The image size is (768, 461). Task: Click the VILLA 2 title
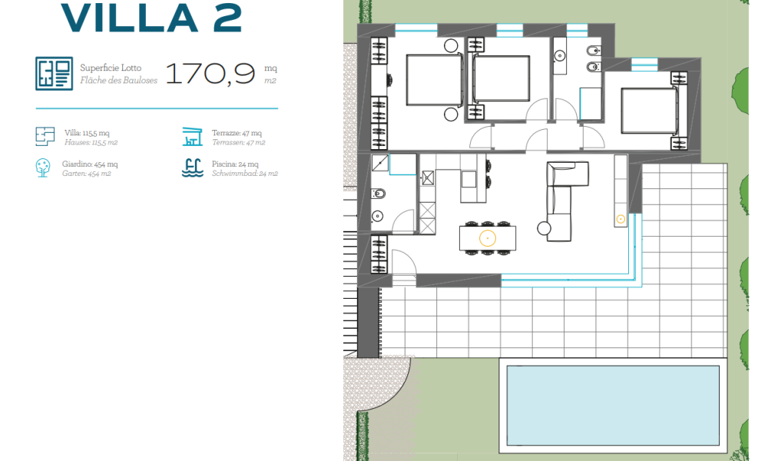pos(151,18)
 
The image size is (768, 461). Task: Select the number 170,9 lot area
pos(210,74)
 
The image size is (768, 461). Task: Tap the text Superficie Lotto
pos(111,68)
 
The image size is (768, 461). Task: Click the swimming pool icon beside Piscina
pos(193,167)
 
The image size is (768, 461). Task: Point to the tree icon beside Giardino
pos(43,167)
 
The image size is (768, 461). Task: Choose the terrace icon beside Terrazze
pos(193,137)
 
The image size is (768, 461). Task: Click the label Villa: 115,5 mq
pos(87,133)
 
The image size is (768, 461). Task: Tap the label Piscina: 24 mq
pos(235,164)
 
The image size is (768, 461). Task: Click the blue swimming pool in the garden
pos(613,405)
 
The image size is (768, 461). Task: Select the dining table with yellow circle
pos(488,238)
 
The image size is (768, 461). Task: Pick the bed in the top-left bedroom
pos(435,80)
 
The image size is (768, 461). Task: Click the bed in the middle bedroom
pos(501,79)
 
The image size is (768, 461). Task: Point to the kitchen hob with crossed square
pos(428,177)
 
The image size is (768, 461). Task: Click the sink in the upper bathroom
pos(560,56)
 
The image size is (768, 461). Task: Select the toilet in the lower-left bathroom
pos(378,194)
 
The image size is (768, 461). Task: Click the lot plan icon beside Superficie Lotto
pos(54,74)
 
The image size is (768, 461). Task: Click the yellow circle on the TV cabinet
pos(621,219)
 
